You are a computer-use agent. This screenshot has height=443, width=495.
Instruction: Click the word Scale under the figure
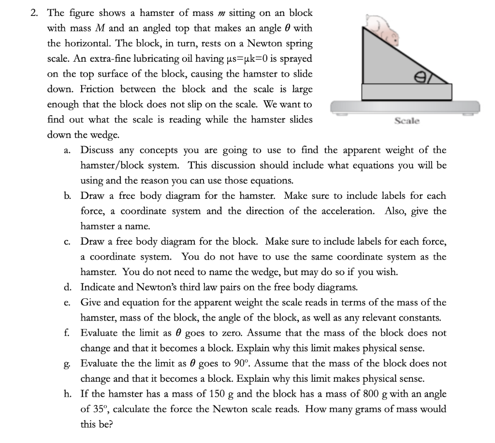click(x=407, y=121)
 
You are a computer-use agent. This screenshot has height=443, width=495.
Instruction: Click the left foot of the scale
click(x=338, y=114)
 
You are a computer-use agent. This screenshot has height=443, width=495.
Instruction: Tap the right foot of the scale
click(x=467, y=114)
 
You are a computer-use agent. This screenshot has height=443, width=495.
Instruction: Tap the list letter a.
click(x=68, y=151)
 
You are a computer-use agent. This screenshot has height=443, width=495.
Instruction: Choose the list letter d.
click(x=68, y=288)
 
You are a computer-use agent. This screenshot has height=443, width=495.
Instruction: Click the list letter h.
click(x=68, y=394)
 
